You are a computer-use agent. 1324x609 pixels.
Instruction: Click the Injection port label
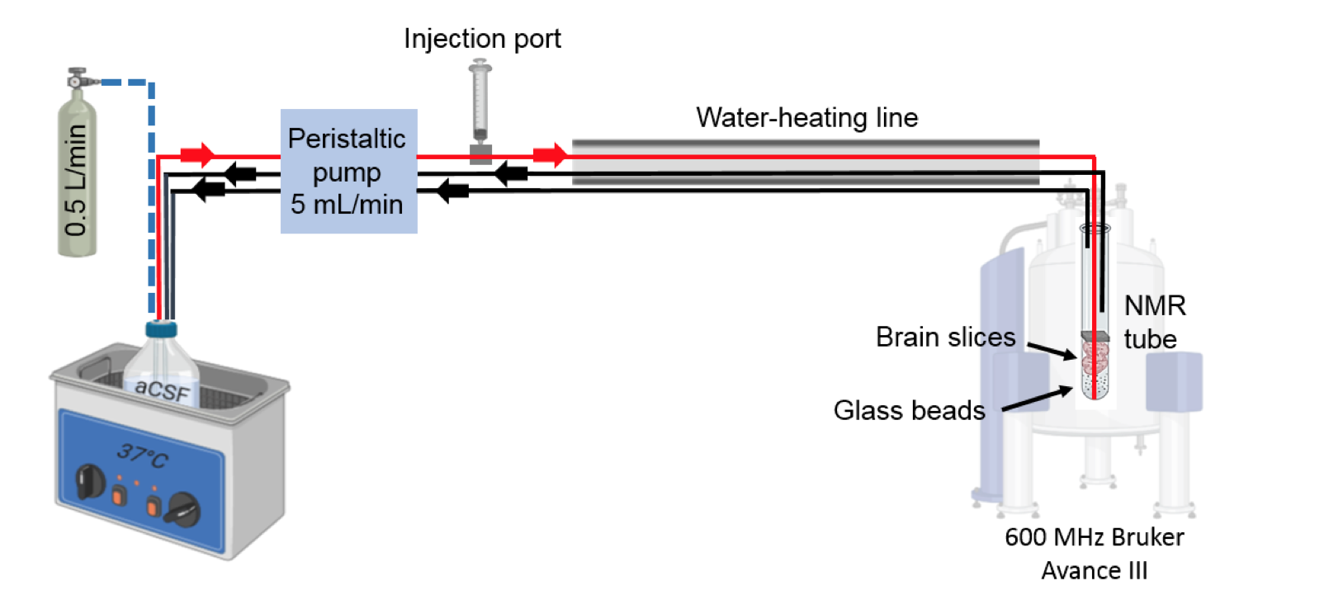pos(482,39)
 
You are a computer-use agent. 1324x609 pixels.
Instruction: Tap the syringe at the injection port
pos(480,103)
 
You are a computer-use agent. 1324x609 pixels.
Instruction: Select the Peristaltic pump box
pos(348,171)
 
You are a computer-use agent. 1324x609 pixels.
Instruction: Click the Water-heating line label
pos(806,117)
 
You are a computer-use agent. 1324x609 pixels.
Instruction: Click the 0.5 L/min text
pos(76,181)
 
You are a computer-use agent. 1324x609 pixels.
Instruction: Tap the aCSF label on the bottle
pos(162,389)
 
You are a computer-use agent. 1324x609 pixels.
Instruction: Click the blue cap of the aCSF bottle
pos(161,330)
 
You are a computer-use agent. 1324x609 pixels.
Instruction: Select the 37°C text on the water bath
pos(142,454)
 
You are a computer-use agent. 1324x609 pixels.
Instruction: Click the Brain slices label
pos(945,337)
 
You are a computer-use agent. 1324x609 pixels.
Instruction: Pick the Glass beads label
pos(909,410)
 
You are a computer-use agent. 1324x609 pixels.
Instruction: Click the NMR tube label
pos(1154,322)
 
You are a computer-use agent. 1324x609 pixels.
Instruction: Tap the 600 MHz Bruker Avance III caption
pos(1094,554)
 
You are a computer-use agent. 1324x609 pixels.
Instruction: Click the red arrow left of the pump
pos(198,154)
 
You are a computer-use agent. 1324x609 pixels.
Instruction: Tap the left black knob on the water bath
pos(89,481)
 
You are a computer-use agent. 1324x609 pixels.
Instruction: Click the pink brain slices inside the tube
pos(1095,357)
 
